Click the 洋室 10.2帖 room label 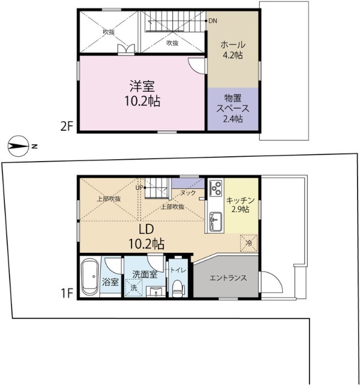pos(142,93)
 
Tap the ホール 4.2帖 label pos(233,49)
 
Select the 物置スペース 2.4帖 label pos(233,109)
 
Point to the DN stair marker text pos(213,21)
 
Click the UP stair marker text pos(139,188)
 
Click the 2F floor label pos(67,127)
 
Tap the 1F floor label pos(67,294)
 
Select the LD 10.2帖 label pos(147,236)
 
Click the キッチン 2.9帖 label pos(240,205)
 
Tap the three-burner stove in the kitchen pos(216,188)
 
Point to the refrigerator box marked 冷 pos(249,244)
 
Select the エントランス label pos(228,278)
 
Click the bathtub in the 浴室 pos(90,276)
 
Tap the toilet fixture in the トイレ pos(178,288)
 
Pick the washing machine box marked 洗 pos(134,288)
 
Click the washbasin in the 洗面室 pos(156,291)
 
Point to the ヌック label pos(188,193)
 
